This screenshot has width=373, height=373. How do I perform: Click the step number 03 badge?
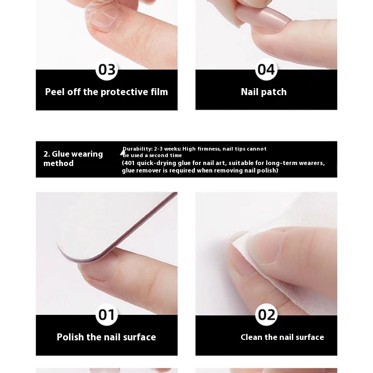coord(107,69)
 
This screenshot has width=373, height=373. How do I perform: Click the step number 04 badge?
coord(266,69)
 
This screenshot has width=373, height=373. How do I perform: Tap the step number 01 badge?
coord(107,314)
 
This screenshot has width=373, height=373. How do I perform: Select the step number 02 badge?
coord(266,314)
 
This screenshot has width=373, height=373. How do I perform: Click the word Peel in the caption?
coord(55,92)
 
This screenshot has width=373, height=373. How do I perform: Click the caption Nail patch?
coord(263,92)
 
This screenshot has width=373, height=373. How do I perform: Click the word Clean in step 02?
coord(251,337)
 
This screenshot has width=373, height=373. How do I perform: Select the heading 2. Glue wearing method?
coord(73,159)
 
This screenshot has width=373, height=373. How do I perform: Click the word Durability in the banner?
coord(138,149)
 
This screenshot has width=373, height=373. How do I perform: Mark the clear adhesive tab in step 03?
coord(104,15)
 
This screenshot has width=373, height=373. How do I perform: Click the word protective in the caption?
coord(124,92)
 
